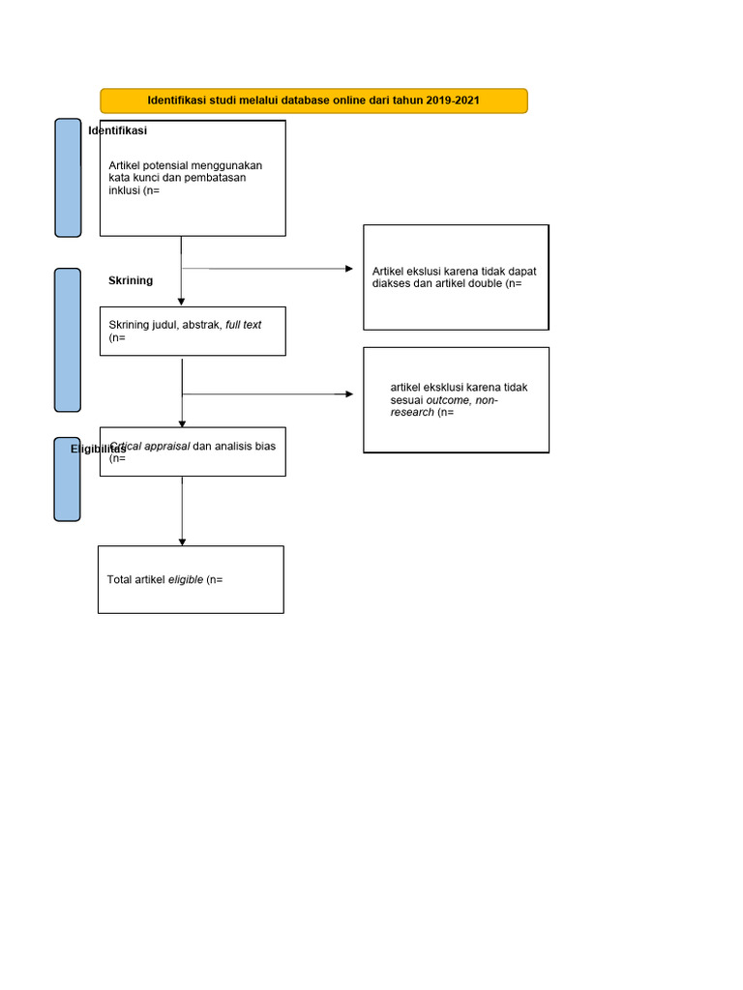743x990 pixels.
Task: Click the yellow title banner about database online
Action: [313, 101]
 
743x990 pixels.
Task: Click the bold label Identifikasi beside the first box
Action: [117, 131]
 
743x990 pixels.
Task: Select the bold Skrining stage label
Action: [131, 280]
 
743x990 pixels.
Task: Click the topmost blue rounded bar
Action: [68, 177]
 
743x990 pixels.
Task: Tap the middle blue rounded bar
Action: [68, 339]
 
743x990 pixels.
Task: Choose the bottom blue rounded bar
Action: [68, 479]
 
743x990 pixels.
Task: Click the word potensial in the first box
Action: [168, 165]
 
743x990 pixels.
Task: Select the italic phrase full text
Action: [243, 325]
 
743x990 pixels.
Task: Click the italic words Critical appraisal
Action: [151, 447]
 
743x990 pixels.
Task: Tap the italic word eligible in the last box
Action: [186, 580]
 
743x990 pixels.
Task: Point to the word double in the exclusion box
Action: [486, 284]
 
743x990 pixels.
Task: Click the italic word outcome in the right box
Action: [453, 400]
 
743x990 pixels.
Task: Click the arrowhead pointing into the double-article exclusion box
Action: [350, 269]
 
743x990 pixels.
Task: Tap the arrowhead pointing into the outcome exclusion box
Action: [350, 394]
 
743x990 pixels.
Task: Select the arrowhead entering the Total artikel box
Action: [182, 541]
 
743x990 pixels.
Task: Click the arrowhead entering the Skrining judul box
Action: [181, 303]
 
